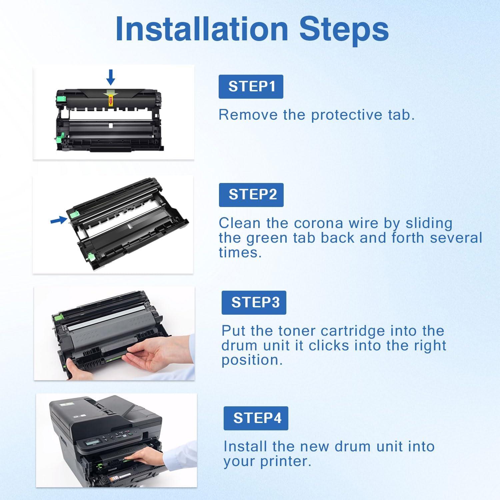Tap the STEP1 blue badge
251,87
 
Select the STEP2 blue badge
251,195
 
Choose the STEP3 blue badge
254,303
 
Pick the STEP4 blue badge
256,418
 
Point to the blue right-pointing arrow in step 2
58,220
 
